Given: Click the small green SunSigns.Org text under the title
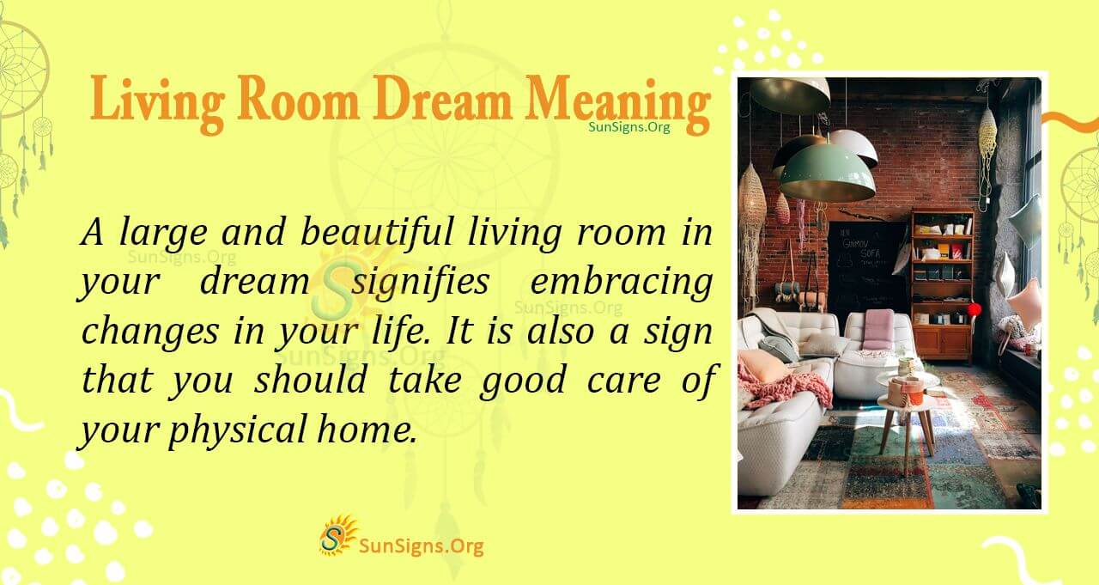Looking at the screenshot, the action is (x=629, y=127).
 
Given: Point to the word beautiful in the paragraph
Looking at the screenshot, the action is (x=376, y=232).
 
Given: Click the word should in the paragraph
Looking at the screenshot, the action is (x=311, y=379).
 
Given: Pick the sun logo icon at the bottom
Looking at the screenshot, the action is (x=337, y=536).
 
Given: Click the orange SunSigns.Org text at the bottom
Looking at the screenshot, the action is (x=422, y=546).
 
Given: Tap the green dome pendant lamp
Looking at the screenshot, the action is (x=827, y=174).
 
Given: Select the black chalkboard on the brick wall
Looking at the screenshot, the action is (x=866, y=271).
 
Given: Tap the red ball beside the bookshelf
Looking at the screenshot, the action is (x=974, y=309).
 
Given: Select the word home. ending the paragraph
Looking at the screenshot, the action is (x=367, y=429).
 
